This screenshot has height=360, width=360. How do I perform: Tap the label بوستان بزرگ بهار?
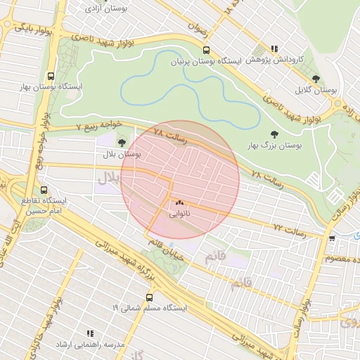274,144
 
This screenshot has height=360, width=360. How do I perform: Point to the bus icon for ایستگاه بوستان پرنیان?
206,50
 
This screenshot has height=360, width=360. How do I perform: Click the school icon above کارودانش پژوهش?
274,49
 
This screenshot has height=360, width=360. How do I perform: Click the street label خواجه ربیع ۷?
99,124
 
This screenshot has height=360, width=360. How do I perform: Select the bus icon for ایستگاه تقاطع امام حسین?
45,190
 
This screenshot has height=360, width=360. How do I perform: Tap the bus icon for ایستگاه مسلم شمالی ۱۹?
149,297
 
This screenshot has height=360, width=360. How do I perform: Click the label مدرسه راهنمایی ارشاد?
91,345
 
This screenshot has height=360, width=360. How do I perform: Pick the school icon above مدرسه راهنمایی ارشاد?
89,333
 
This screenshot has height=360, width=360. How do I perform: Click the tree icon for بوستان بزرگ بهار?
274,133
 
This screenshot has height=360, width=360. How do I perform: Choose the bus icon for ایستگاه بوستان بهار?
50,76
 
